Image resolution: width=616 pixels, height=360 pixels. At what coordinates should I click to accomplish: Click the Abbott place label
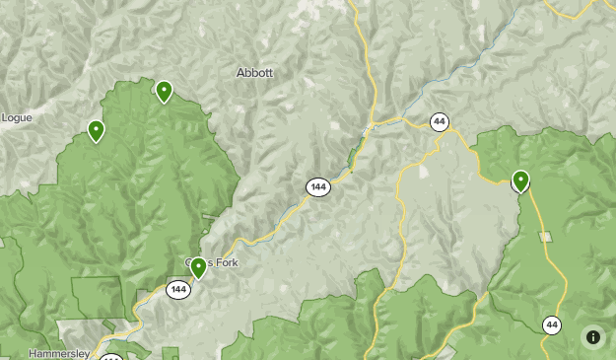pyautogui.click(x=254, y=73)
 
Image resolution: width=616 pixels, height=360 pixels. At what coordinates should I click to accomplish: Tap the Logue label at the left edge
pyautogui.click(x=16, y=117)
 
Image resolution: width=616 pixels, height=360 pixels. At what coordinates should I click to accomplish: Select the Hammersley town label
pyautogui.click(x=59, y=353)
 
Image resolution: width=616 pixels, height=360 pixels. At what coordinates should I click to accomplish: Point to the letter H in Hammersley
pyautogui.click(x=33, y=353)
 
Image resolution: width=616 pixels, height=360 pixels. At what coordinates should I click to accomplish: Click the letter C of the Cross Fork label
pyautogui.click(x=189, y=263)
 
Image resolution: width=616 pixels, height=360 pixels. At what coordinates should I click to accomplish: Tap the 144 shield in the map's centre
pyautogui.click(x=317, y=186)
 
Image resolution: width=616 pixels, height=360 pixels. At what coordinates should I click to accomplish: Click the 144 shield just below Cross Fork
pyautogui.click(x=177, y=289)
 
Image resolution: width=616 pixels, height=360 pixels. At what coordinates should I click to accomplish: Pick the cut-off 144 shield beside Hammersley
pyautogui.click(x=111, y=357)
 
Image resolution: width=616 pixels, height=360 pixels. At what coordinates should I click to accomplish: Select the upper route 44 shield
pyautogui.click(x=440, y=122)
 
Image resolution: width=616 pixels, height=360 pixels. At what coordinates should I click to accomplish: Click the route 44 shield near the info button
pyautogui.click(x=552, y=324)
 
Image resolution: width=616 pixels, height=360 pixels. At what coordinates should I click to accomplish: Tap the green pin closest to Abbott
pyautogui.click(x=164, y=92)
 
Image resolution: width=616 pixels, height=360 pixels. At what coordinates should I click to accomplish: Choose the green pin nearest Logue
pyautogui.click(x=97, y=130)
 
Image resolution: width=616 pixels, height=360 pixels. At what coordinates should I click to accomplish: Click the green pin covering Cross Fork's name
pyautogui.click(x=198, y=267)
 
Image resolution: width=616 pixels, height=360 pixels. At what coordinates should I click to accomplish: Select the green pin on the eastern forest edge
pyautogui.click(x=520, y=180)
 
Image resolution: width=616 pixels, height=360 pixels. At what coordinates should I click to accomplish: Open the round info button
pyautogui.click(x=592, y=337)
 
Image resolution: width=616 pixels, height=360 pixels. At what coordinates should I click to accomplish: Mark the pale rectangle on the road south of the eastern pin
pyautogui.click(x=545, y=237)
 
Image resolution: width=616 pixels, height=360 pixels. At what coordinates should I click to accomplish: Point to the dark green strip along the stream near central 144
pyautogui.click(x=352, y=159)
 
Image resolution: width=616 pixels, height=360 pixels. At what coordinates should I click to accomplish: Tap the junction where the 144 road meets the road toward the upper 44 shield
pyautogui.click(x=373, y=126)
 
